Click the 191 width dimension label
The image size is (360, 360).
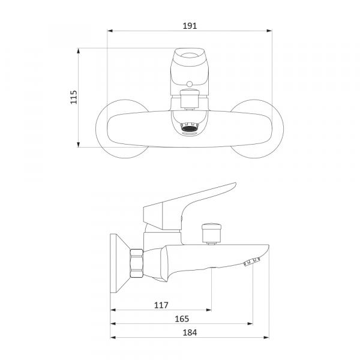pos(190,26)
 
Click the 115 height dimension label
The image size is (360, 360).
pos(74,97)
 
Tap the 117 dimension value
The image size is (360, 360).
pos(161,305)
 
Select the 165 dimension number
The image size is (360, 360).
pos(182,319)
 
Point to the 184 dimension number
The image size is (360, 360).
pos(190,332)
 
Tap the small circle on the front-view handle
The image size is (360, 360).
pos(190,84)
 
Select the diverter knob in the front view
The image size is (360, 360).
pos(190,99)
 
